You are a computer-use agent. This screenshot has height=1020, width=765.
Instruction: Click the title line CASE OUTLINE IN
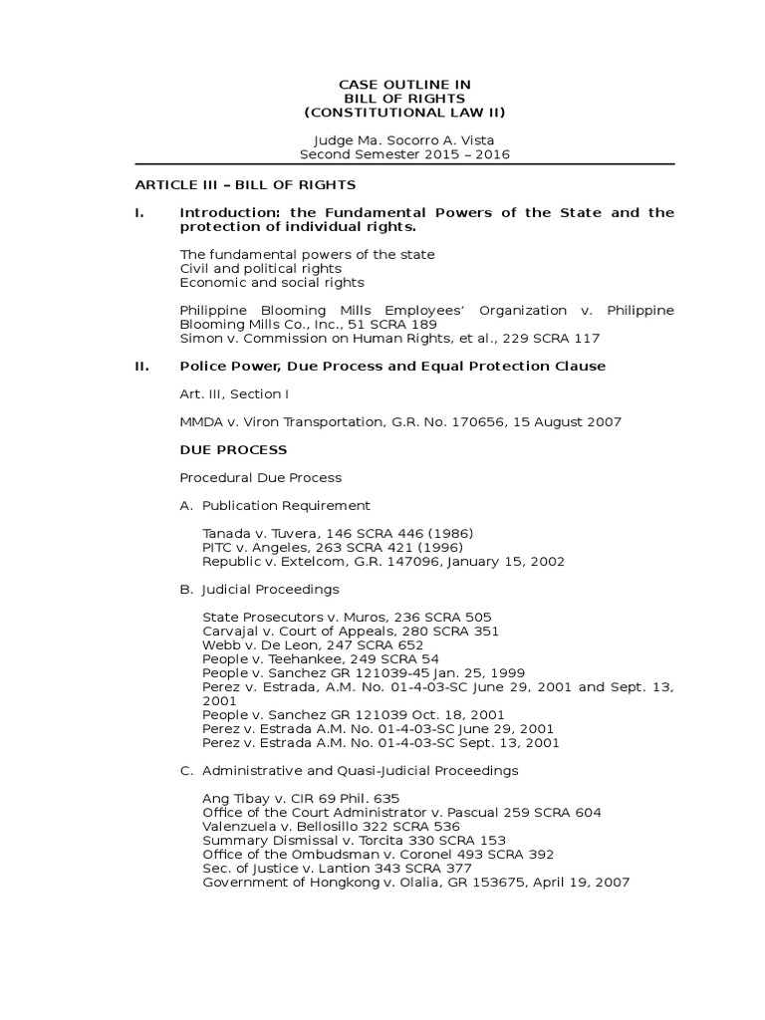click(404, 85)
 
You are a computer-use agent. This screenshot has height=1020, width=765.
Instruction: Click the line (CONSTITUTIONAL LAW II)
click(404, 113)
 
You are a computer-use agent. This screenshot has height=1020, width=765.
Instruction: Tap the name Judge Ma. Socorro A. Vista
click(404, 140)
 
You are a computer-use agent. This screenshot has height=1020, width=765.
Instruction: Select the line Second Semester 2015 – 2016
click(404, 154)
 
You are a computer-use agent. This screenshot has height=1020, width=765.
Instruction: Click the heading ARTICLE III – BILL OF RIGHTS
click(245, 184)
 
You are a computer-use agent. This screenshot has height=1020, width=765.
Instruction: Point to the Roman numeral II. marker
click(141, 366)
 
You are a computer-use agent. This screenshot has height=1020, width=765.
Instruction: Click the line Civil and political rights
click(260, 268)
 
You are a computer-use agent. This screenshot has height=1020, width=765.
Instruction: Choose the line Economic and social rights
click(266, 282)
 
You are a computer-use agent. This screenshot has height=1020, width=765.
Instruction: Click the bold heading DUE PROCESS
click(233, 449)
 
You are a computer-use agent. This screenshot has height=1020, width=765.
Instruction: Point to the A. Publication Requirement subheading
click(275, 505)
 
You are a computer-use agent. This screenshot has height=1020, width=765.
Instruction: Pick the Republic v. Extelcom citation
click(382, 561)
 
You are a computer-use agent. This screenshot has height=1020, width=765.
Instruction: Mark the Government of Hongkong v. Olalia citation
click(415, 882)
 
